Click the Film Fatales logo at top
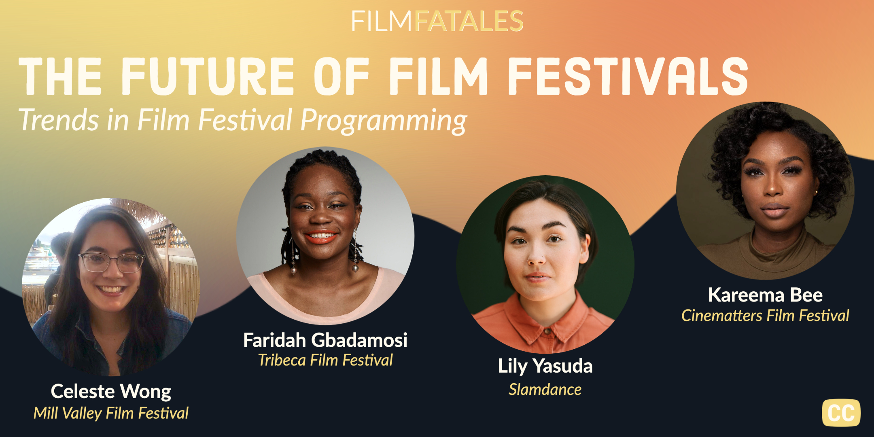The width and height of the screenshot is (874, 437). point(437,21)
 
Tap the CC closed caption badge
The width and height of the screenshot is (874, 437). point(841,413)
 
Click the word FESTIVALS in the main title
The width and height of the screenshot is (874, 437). point(628,76)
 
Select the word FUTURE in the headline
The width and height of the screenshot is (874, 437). point(207,76)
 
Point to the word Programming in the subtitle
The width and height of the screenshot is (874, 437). point(384,121)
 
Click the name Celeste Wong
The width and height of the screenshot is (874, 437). point(111,391)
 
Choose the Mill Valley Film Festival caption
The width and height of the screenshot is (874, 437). point(111,413)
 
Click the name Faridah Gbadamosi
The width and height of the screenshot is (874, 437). point(325,340)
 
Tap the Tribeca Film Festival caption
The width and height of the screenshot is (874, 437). point(325,360)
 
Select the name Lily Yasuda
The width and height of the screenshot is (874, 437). point(545,366)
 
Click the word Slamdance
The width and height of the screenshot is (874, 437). point(545,389)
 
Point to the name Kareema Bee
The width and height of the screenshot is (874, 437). point(765,295)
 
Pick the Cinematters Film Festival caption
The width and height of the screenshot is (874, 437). point(765,316)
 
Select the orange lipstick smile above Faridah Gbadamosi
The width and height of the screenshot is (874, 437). point(321,237)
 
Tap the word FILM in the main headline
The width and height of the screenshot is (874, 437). point(439,76)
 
